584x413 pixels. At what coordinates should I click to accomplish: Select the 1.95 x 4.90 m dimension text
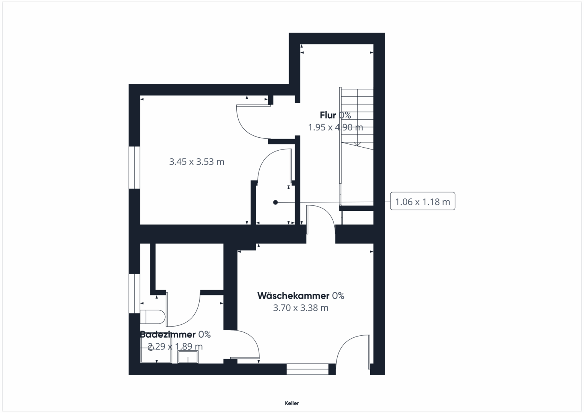click(x=335, y=127)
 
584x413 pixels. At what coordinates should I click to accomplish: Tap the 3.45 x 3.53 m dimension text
click(x=197, y=162)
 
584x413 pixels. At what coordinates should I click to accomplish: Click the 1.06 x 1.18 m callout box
click(x=422, y=201)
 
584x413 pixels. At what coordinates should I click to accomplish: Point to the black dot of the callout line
click(x=275, y=202)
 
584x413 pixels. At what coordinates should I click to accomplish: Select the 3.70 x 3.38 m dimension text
click(x=301, y=308)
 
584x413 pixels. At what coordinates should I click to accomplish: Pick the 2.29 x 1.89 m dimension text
click(x=175, y=346)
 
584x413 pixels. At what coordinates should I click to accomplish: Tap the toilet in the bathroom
click(x=153, y=317)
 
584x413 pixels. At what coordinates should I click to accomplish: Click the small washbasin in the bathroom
click(x=188, y=357)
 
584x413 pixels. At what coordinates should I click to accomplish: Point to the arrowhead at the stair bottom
click(x=357, y=144)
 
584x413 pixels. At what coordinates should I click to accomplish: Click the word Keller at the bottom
click(x=292, y=403)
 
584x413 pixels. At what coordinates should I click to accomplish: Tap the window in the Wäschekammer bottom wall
click(x=307, y=369)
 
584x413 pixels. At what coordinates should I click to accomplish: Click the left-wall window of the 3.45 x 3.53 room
click(x=134, y=167)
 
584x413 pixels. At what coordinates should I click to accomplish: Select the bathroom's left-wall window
click(x=134, y=293)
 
